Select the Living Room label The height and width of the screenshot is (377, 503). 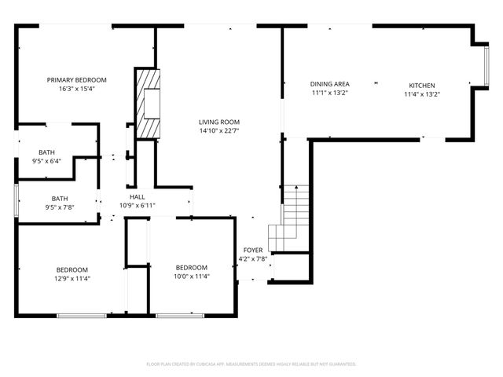coord(218,122)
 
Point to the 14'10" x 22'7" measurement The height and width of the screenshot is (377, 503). coord(218,130)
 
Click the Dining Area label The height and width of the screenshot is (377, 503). coord(329,84)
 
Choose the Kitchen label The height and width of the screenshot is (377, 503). coord(421,86)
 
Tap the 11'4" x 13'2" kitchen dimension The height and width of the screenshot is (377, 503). coord(421,94)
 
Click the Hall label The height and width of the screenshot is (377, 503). coord(137,197)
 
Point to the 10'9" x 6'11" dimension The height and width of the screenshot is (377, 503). coord(137,206)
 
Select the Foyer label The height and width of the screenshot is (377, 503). coord(252,250)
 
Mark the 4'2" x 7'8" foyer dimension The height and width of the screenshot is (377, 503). coord(252,258)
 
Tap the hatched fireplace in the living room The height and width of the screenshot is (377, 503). coord(147,102)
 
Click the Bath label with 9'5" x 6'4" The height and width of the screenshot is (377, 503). coord(47,152)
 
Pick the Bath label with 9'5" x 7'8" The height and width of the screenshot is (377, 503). coord(60,199)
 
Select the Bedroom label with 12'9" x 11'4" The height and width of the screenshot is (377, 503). coord(72,269)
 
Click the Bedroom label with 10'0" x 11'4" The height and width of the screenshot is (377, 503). coord(191,268)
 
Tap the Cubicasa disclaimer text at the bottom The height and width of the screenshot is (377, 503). coord(251,364)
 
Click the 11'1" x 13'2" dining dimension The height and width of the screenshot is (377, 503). coord(329,93)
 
